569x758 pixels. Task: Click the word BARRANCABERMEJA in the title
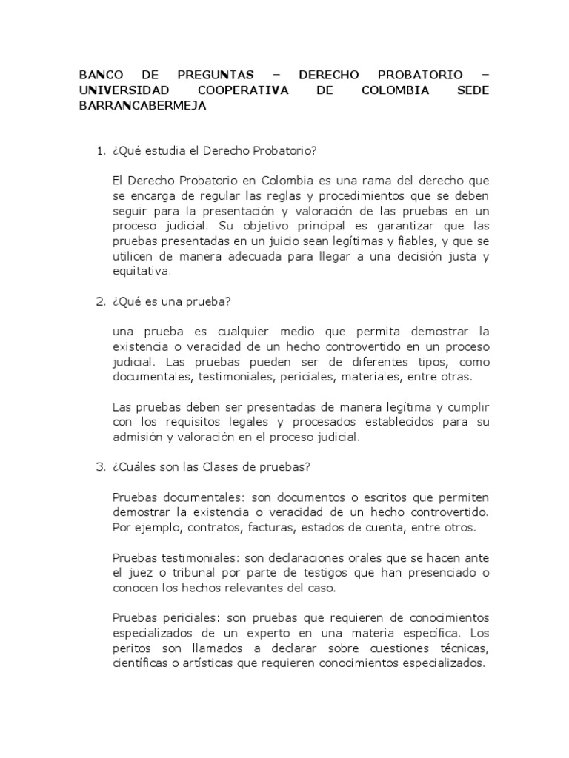[x=142, y=106]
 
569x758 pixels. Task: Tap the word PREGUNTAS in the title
[x=216, y=75]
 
